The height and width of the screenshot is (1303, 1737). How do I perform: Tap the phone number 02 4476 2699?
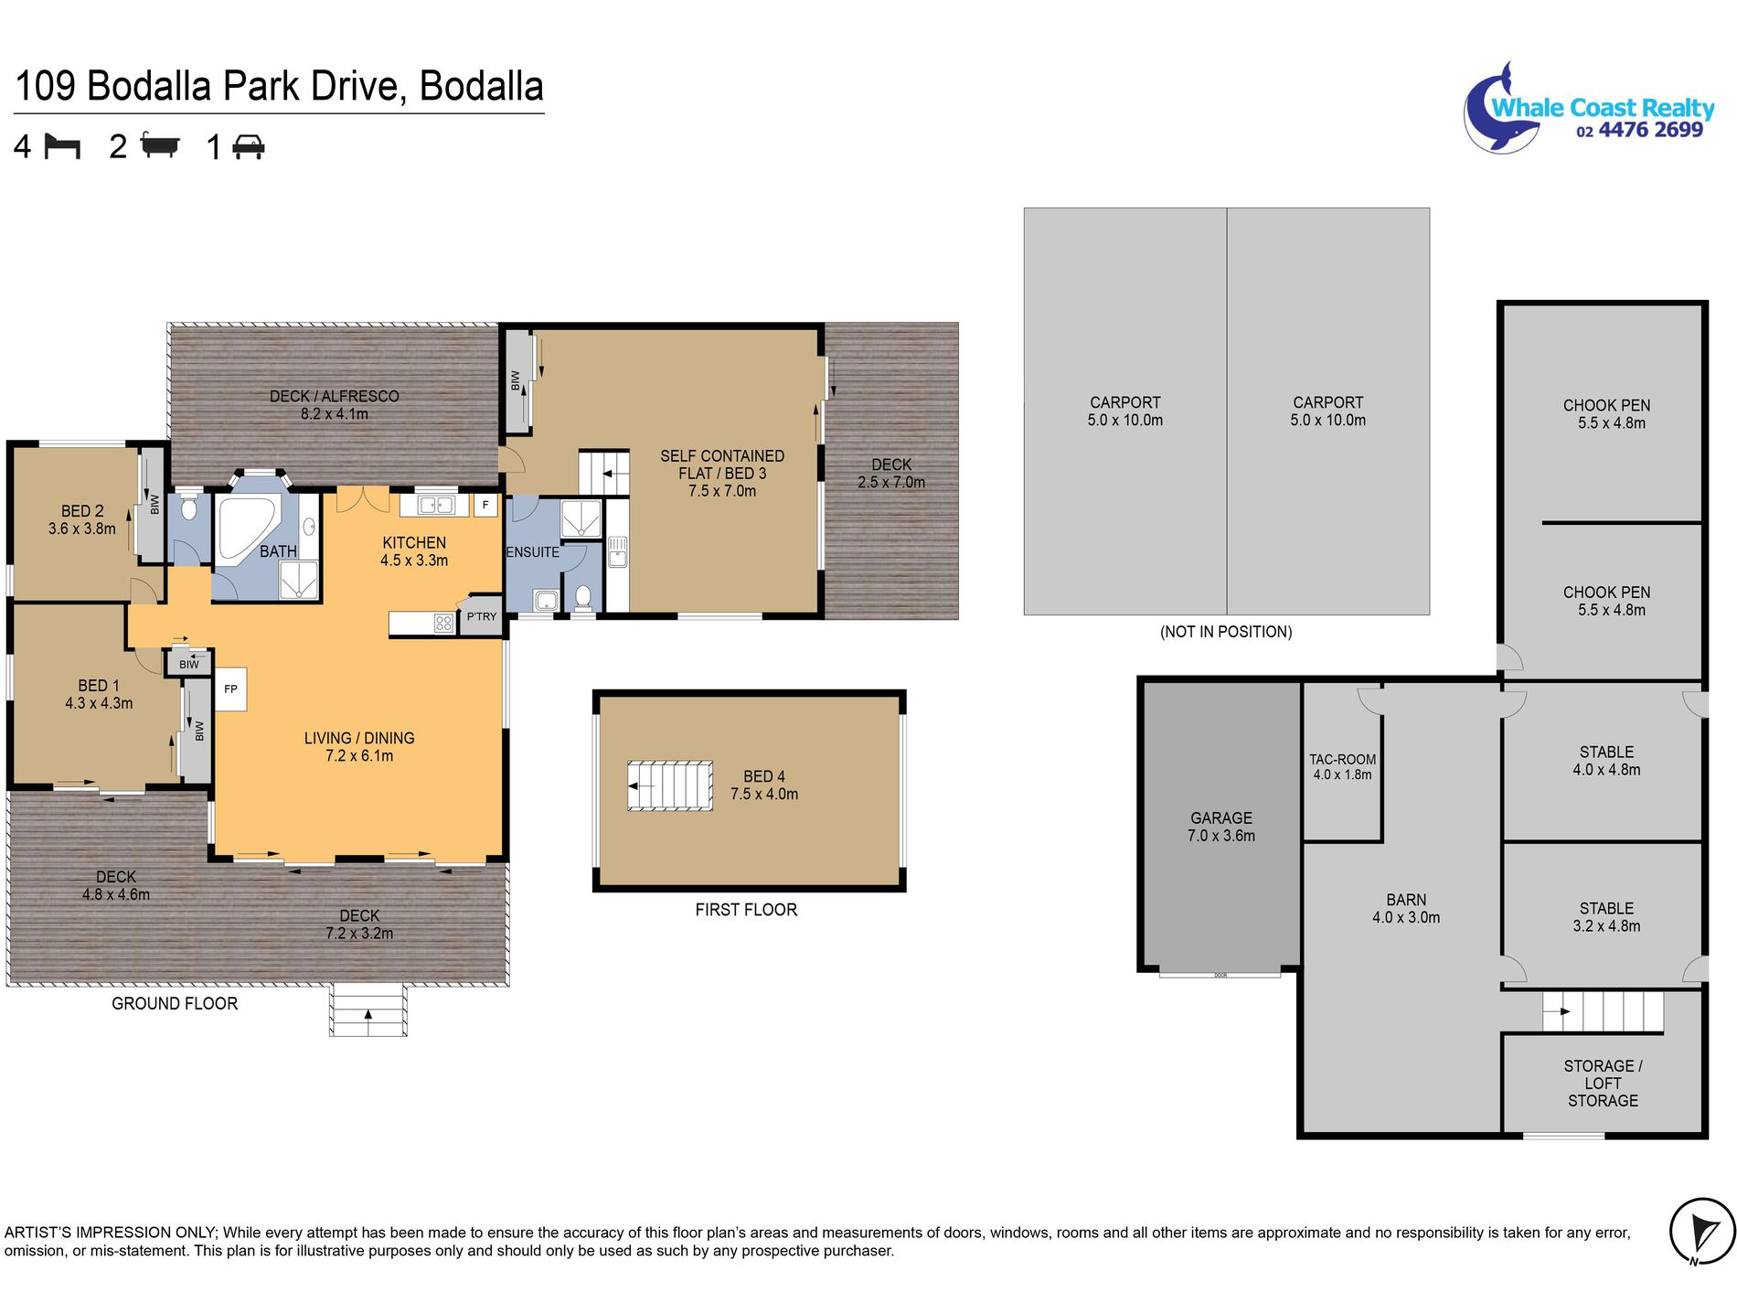[x=1639, y=131]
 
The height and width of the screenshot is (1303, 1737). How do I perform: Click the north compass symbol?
[x=1702, y=1232]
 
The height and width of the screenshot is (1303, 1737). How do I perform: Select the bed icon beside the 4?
[x=62, y=146]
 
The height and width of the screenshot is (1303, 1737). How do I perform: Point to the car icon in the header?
[x=249, y=147]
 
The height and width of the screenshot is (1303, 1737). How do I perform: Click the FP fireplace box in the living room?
[x=230, y=689]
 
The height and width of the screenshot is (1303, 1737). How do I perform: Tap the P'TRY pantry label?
[x=482, y=616]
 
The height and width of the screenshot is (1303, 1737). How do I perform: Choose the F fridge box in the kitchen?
[x=485, y=505]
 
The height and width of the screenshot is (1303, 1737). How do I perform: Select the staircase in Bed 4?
[x=670, y=785]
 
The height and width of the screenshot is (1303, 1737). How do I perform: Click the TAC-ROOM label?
[x=1342, y=760]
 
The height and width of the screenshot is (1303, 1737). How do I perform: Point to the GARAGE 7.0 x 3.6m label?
[x=1221, y=827]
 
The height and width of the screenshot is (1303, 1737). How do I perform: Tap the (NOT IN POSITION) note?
[x=1226, y=632]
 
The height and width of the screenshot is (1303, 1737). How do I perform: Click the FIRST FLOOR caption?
[x=746, y=910]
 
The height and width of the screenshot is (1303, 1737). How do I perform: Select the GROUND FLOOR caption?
[x=175, y=1003]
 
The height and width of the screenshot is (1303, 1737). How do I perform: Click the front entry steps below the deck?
[x=368, y=1010]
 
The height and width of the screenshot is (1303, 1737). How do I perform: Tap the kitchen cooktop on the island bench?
[x=443, y=624]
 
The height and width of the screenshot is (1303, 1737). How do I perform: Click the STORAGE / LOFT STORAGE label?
[x=1603, y=1084]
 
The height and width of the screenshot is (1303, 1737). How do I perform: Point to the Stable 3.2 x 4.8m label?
[x=1606, y=917]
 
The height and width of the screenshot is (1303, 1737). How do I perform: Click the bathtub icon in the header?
[x=160, y=145]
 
